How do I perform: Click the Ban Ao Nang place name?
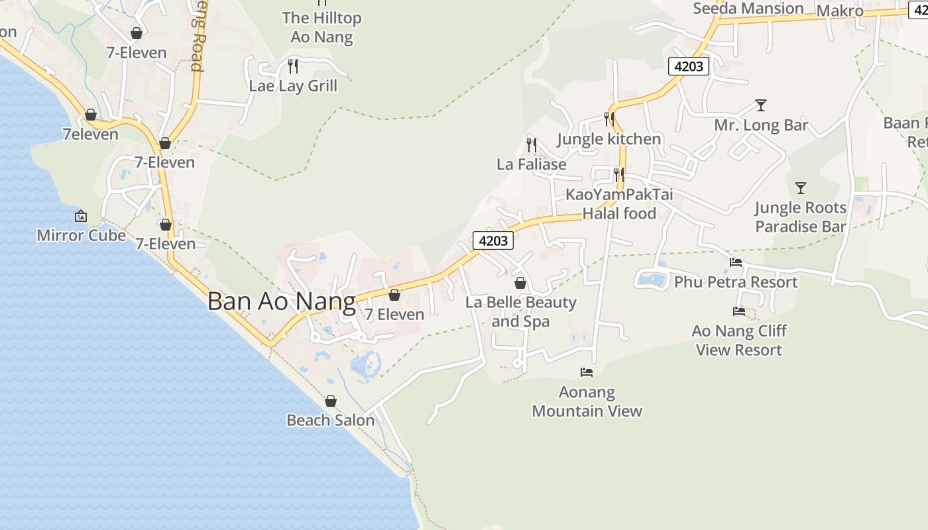click(281, 301)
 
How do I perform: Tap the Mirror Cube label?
click(81, 235)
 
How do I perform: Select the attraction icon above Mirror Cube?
click(81, 216)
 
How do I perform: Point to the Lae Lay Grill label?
click(293, 85)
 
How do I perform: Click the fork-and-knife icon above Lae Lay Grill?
click(293, 66)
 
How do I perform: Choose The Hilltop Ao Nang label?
click(321, 27)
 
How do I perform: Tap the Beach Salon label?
click(330, 420)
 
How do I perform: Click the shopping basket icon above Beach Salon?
click(331, 401)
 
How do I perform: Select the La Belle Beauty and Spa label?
click(521, 311)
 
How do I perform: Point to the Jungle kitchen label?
click(609, 139)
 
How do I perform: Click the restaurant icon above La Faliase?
click(532, 144)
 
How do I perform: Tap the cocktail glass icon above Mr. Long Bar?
click(761, 105)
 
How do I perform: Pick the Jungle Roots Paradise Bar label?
click(801, 217)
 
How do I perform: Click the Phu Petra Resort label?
click(736, 282)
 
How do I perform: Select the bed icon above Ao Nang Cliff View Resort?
click(739, 311)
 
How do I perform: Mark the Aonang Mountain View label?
click(587, 401)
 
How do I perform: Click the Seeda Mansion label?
click(748, 9)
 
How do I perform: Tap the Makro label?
click(840, 11)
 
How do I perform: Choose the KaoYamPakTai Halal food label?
click(619, 204)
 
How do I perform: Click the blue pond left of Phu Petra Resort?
click(652, 279)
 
